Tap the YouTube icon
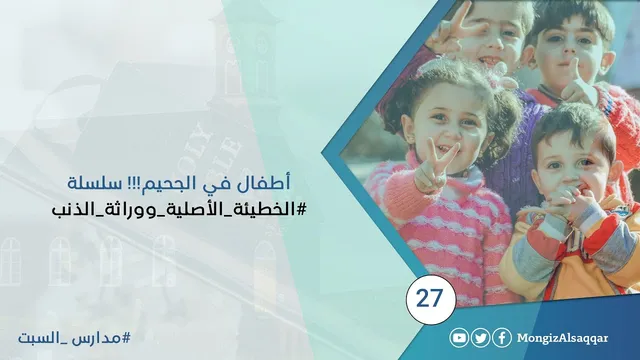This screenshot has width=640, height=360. point(459,338)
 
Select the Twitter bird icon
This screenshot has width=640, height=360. point(480,338)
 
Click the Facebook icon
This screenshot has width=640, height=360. point(502,338)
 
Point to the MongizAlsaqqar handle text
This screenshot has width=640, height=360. point(562,338)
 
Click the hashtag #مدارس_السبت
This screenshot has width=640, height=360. point(74,338)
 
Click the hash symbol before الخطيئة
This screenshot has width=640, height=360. point(301,209)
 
